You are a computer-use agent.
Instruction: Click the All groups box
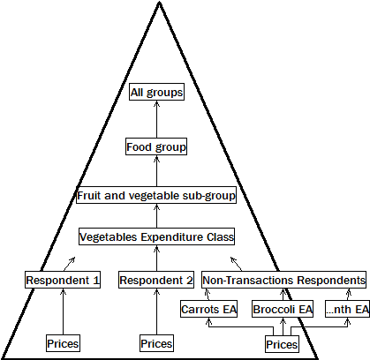tap(156, 92)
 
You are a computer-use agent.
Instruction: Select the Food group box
tap(156, 146)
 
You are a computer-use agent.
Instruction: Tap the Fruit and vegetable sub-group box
tap(155, 195)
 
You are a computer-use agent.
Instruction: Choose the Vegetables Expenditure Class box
tap(156, 236)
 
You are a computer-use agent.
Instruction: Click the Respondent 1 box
tap(63, 281)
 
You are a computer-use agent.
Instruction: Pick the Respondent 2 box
tap(156, 281)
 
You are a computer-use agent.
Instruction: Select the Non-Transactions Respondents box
tap(284, 280)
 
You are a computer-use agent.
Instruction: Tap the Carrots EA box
tap(209, 310)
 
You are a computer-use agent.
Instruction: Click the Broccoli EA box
tap(283, 310)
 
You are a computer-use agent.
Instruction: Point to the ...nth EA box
tap(347, 310)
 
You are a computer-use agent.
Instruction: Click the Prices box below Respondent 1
tap(63, 342)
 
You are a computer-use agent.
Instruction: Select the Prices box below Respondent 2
tap(156, 342)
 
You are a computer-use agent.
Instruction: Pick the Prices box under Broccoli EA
tap(282, 343)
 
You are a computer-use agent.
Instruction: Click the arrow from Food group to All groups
tap(156, 119)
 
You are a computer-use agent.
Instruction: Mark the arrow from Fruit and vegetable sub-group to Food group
tap(156, 171)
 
